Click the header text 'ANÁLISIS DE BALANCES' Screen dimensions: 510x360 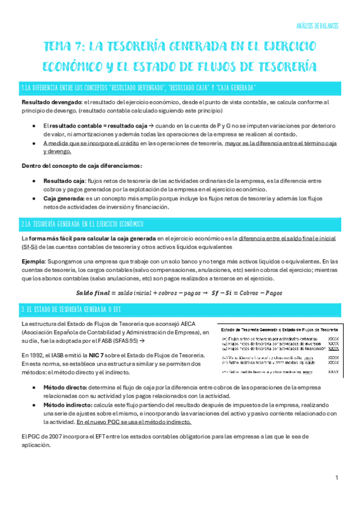tap(318, 26)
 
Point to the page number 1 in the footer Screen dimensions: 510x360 tap(337, 478)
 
